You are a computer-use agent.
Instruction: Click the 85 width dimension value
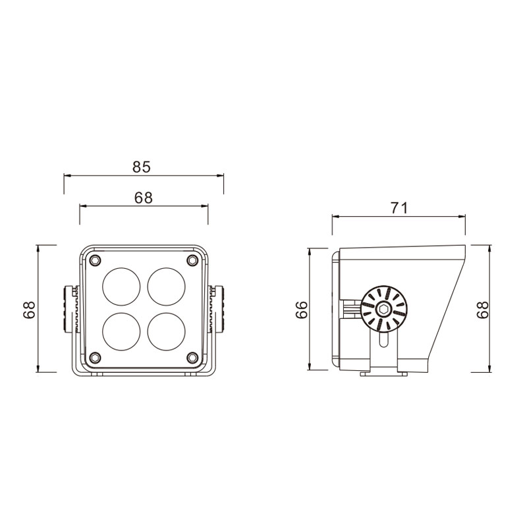142,167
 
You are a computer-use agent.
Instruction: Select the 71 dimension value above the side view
399,208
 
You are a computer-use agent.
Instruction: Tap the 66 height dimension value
302,310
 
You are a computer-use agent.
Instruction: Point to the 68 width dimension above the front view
144,198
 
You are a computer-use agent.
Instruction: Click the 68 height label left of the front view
29,310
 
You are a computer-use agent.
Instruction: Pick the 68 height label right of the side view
483,309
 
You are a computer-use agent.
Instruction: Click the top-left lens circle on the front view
121,287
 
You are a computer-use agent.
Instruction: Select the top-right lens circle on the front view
167,287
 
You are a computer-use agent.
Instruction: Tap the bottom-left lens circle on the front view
121,332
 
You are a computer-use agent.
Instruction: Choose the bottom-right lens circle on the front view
167,332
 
